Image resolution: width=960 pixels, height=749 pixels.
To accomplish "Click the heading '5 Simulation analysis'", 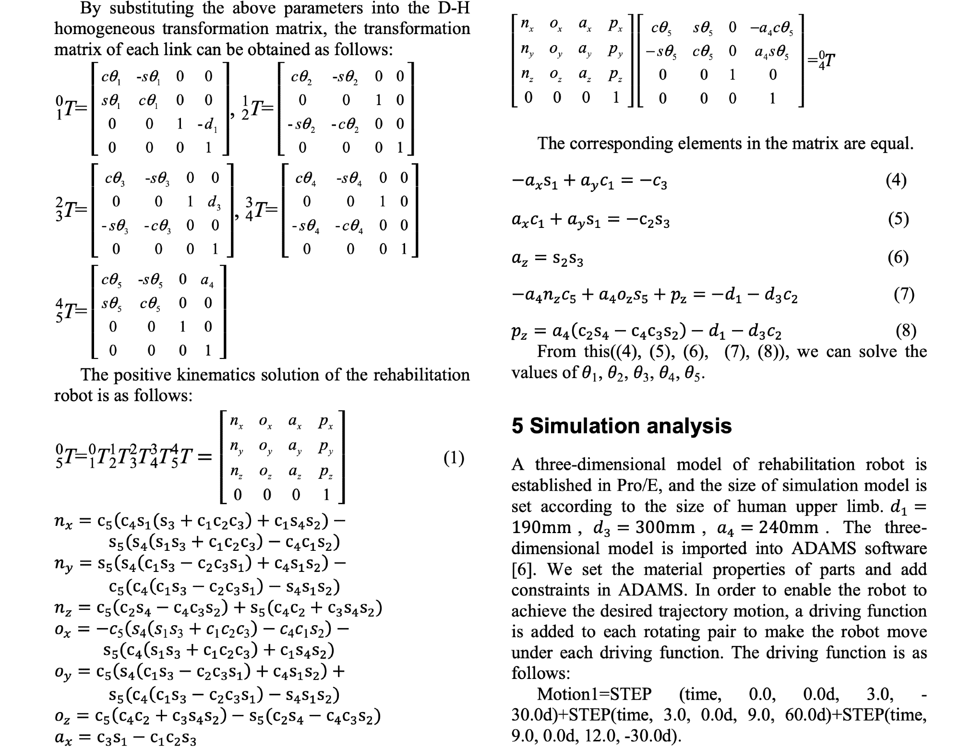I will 621,426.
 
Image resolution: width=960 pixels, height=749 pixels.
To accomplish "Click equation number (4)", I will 896,180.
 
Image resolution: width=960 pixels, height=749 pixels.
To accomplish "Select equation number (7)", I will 903,294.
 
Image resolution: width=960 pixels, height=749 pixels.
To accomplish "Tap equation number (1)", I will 454,458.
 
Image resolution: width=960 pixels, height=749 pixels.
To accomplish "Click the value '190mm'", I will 541,527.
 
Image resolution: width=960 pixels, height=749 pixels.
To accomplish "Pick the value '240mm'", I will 788,527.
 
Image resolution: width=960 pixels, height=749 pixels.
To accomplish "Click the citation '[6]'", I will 521,569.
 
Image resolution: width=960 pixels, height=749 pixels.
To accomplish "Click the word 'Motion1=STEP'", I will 594,694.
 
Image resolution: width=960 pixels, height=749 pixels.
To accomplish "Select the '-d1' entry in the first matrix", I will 207,125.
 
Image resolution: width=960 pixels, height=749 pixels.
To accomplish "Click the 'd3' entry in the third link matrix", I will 214,202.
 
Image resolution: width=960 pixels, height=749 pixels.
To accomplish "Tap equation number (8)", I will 906,331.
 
